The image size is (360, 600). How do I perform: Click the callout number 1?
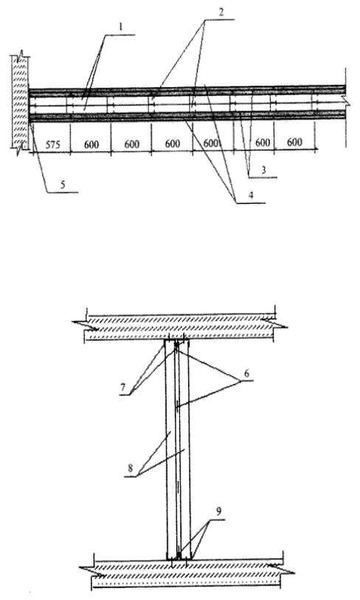point(120,27)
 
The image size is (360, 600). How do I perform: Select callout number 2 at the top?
point(221,11)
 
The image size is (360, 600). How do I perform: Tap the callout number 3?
point(263,170)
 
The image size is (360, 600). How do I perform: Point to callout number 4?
point(251,195)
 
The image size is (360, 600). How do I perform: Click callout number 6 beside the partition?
point(246,373)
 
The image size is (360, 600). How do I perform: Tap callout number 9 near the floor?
point(218,512)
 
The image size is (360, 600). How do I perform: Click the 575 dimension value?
point(52,145)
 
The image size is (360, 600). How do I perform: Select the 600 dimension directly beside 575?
point(91,145)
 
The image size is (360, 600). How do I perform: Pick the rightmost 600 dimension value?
point(294,142)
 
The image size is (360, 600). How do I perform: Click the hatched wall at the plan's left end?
point(19,103)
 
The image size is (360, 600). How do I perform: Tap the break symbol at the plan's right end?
point(347,100)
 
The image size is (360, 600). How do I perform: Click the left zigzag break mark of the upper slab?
point(86,324)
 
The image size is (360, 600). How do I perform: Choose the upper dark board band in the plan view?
point(187,92)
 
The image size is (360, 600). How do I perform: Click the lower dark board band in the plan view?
point(187,116)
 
